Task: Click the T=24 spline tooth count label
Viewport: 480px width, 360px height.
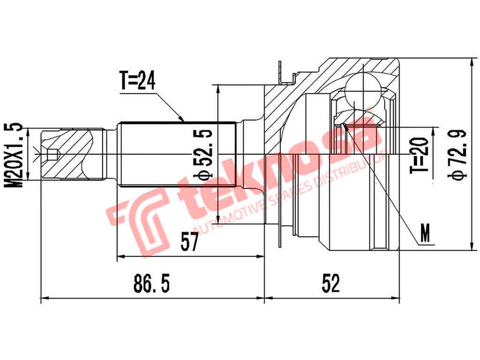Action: [x=137, y=82]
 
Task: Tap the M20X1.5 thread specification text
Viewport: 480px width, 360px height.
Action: [x=16, y=155]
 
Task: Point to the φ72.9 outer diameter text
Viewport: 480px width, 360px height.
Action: [x=457, y=155]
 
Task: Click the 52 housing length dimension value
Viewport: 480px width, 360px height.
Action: [x=331, y=283]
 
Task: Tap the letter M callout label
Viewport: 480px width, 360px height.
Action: [x=425, y=235]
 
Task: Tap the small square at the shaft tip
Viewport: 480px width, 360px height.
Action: [x=52, y=155]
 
